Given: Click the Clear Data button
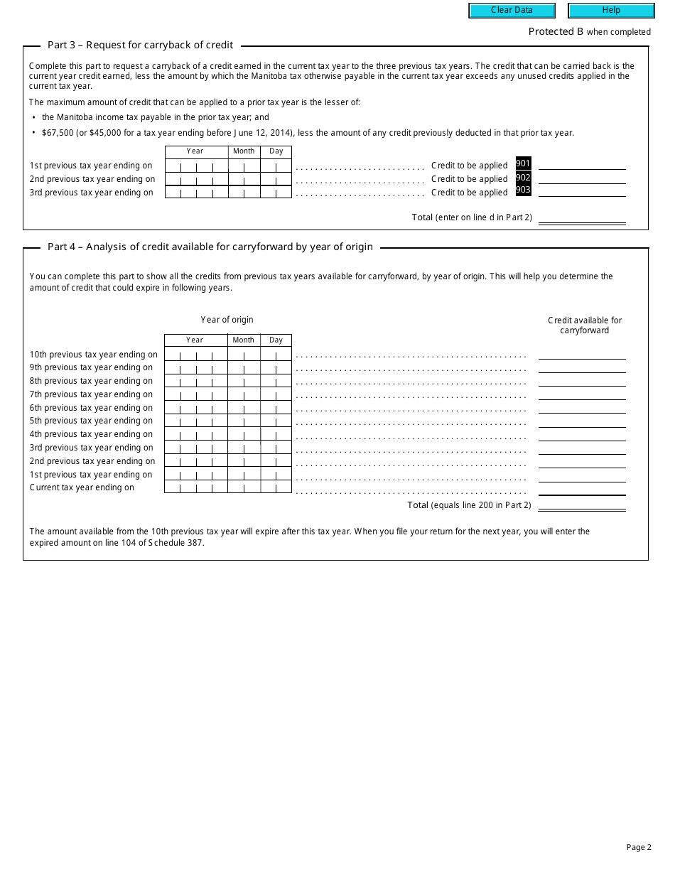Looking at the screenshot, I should [x=511, y=11].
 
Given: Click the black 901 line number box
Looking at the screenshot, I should [x=523, y=164].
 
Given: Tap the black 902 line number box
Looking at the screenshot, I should [x=523, y=178].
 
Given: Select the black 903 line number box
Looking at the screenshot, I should [x=523, y=190].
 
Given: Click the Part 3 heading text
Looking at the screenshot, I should [x=140, y=45].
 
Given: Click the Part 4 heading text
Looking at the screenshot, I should [x=210, y=247].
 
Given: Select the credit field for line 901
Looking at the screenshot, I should [x=582, y=164].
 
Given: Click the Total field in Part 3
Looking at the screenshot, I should [x=582, y=217].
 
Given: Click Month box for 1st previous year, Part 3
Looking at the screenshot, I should [x=244, y=166].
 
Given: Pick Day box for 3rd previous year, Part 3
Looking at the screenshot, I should [x=276, y=192].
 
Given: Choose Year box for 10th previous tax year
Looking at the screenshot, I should [x=195, y=355].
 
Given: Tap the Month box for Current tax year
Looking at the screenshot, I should [x=244, y=487].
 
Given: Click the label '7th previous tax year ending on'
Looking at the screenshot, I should [x=91, y=394].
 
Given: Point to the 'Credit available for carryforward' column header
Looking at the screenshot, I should [x=585, y=325].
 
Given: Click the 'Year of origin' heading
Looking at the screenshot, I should [x=227, y=320].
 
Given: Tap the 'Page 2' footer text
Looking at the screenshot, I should [x=639, y=847].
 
